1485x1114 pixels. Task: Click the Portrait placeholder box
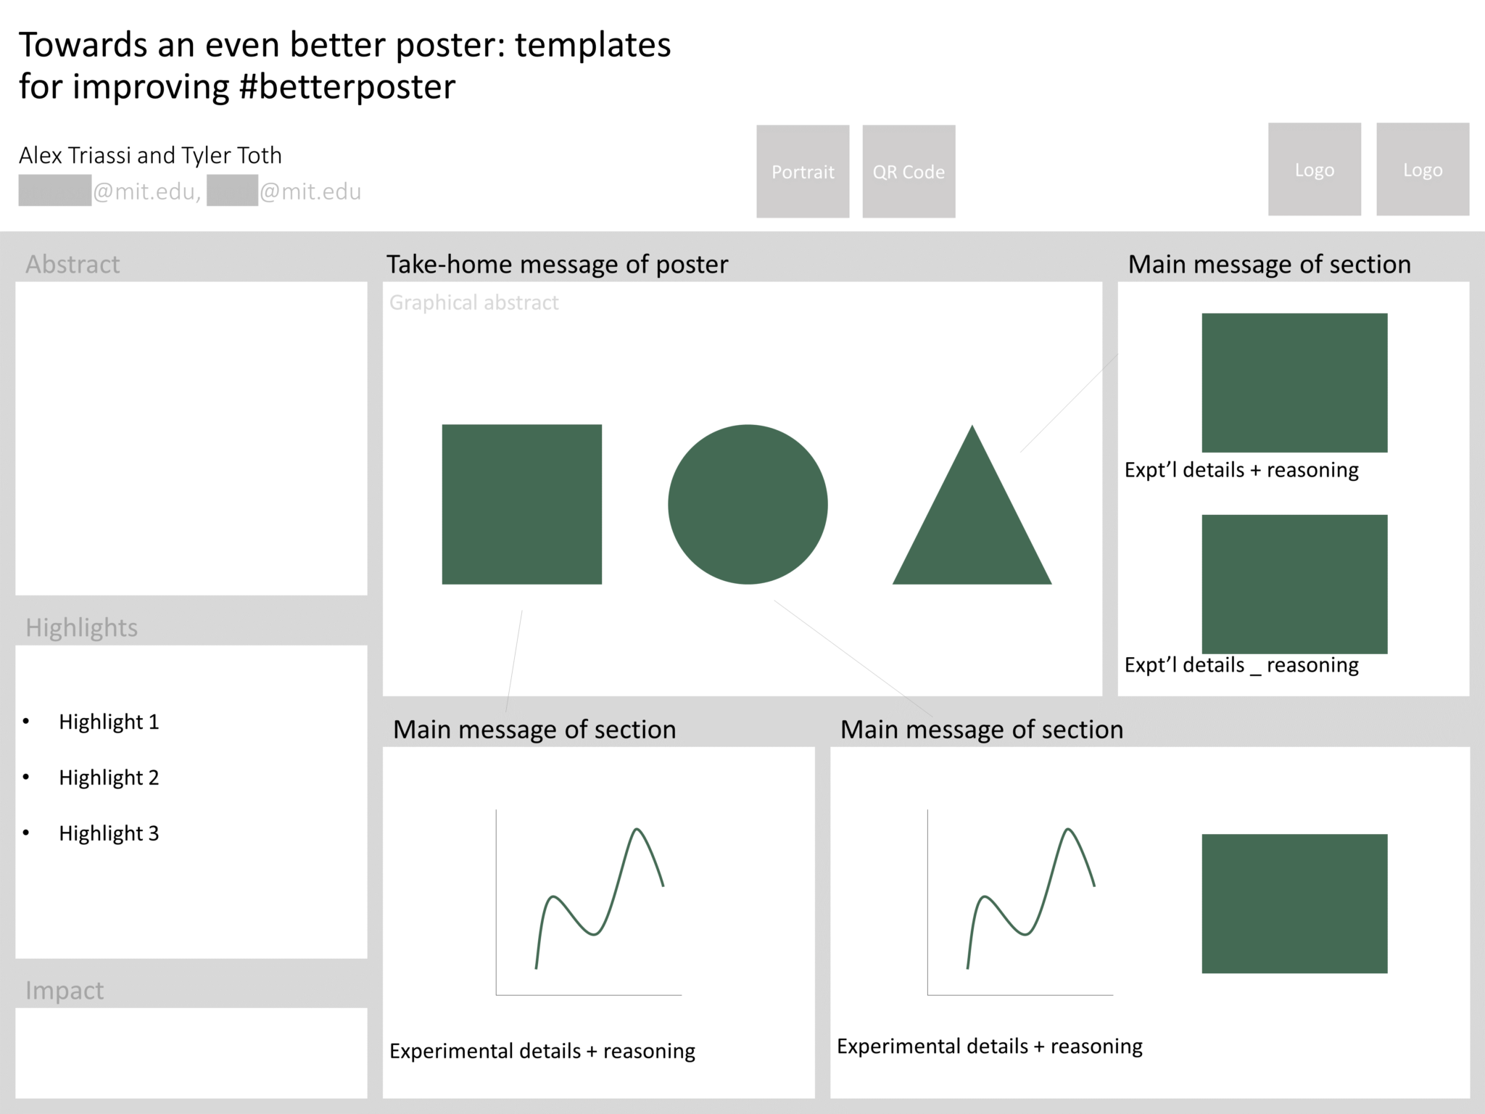[x=803, y=171]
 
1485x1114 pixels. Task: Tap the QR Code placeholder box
[x=909, y=171]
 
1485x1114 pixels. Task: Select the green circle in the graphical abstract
[x=748, y=504]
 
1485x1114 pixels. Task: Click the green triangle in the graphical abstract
[x=972, y=529]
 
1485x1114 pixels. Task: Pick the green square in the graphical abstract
[x=521, y=504]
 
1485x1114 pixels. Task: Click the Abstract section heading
[x=73, y=264]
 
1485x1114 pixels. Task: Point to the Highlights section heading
[x=81, y=627]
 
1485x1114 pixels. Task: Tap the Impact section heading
[x=65, y=990]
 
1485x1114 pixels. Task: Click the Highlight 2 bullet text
[x=109, y=777]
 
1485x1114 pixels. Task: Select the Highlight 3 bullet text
[x=109, y=833]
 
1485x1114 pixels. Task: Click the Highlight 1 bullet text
[x=109, y=722]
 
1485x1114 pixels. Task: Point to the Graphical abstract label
[x=473, y=302]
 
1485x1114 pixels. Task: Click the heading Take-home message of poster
[x=557, y=264]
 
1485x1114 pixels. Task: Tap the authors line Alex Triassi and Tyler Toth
[x=150, y=155]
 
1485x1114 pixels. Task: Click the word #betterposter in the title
[x=347, y=86]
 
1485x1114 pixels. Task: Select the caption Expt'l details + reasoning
[x=1241, y=470]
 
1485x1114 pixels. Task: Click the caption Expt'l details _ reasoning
[x=1241, y=665]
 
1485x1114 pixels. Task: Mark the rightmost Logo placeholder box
[x=1423, y=169]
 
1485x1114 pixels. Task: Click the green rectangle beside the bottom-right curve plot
[x=1294, y=904]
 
